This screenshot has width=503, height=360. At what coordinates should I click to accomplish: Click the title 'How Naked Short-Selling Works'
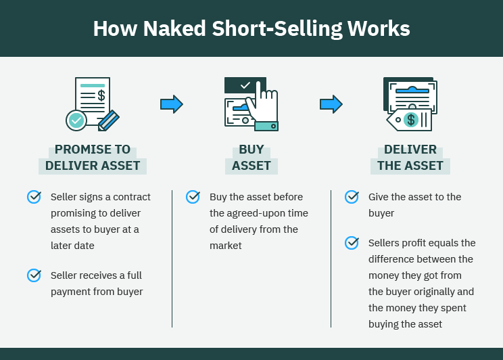click(251, 29)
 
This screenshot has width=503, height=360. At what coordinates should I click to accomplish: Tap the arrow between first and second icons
click(172, 104)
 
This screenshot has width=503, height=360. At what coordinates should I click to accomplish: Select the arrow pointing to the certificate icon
click(331, 104)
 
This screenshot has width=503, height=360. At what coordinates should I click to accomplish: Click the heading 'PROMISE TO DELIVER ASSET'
click(93, 158)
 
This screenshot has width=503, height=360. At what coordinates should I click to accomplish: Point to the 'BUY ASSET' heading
click(251, 158)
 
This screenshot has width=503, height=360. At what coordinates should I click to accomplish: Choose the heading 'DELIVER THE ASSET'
click(410, 158)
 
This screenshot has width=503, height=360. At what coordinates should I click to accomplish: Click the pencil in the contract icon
click(108, 121)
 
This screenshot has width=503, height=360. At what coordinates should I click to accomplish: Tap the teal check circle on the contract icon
click(76, 120)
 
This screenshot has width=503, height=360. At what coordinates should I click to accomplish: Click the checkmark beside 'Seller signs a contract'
click(34, 197)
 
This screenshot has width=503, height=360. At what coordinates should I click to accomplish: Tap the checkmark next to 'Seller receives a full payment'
click(34, 275)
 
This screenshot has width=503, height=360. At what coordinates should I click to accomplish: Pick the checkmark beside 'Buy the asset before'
click(193, 197)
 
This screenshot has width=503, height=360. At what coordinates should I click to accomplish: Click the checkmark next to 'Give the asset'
click(352, 197)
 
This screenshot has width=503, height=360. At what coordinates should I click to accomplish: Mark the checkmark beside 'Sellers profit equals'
click(352, 242)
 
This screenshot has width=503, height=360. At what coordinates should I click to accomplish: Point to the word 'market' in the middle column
click(225, 246)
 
